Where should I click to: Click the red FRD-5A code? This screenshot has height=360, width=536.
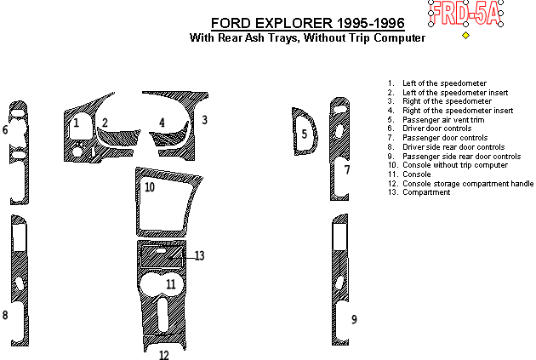click(x=465, y=14)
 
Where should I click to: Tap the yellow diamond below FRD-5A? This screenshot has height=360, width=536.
click(x=465, y=35)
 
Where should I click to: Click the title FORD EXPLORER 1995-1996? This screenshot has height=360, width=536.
click(x=308, y=23)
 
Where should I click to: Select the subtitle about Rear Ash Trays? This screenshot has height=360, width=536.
click(x=308, y=37)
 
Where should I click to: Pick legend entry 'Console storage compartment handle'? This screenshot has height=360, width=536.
click(x=460, y=184)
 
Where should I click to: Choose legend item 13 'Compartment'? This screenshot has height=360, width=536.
click(x=419, y=192)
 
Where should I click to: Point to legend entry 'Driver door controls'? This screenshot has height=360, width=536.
click(x=430, y=129)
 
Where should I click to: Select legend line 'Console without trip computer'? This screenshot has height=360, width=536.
click(x=448, y=165)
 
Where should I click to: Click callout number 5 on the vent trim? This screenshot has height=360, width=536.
click(x=305, y=134)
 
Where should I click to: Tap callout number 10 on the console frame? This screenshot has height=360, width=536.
click(x=150, y=187)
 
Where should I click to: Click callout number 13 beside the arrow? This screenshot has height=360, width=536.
click(x=199, y=255)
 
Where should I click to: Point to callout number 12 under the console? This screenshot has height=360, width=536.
click(x=164, y=355)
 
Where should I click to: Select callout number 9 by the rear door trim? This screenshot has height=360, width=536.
click(x=354, y=319)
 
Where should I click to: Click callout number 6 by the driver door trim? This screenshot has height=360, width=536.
click(x=5, y=130)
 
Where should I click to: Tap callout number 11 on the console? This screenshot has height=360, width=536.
click(x=170, y=284)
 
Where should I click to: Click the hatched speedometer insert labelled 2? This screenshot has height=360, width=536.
click(x=118, y=137)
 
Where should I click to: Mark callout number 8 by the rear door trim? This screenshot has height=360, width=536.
click(x=5, y=315)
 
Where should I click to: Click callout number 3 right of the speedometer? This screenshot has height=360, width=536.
click(x=204, y=120)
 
